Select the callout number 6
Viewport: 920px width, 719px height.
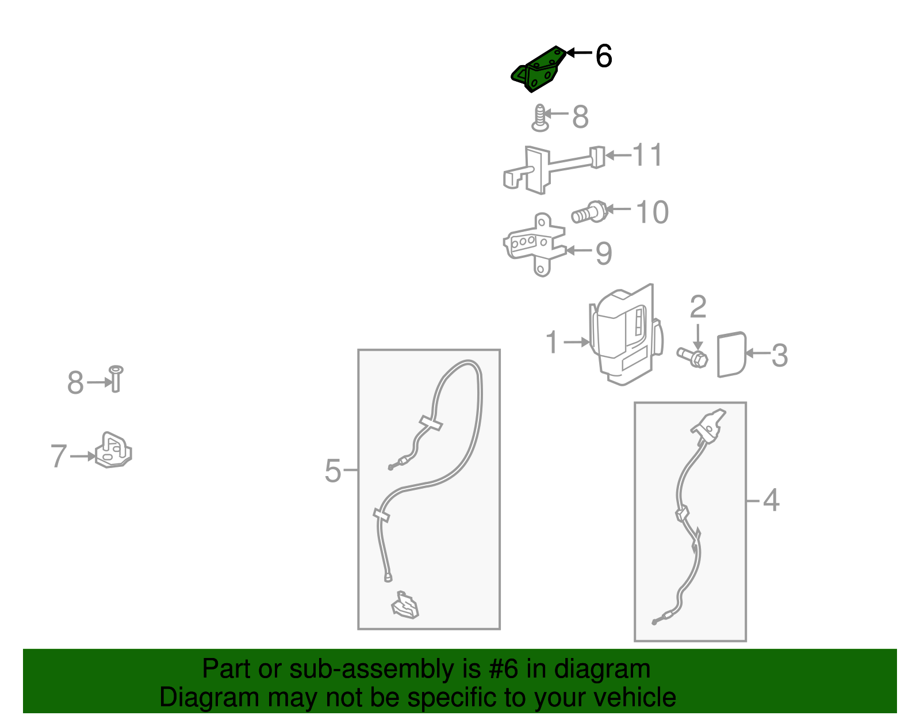604,56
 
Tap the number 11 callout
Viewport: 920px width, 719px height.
647,155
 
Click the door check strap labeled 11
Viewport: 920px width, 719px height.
553,170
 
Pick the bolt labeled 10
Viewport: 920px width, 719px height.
589,212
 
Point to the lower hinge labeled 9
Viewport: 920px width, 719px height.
534,245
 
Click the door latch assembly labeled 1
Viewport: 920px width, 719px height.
626,334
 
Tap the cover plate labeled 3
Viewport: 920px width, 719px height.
731,354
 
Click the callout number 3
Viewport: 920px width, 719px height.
780,355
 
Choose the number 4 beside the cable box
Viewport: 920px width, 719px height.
771,500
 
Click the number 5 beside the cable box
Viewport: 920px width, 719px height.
333,471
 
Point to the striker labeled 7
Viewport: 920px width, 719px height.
113,450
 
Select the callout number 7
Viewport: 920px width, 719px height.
59,455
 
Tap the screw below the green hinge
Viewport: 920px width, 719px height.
540,118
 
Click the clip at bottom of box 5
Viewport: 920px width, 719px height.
405,606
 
